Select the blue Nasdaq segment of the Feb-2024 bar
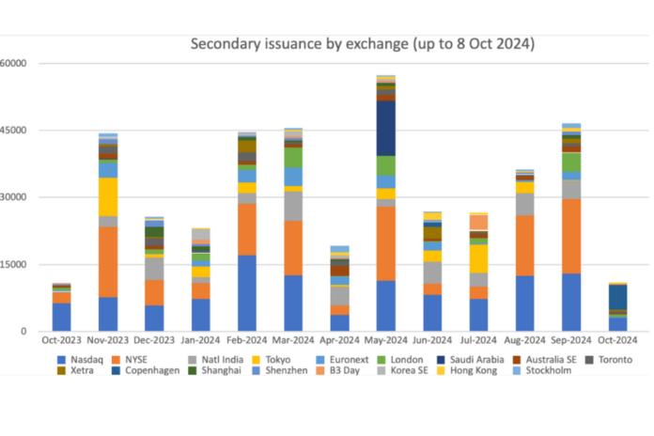tap(247, 293)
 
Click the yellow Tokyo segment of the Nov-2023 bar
tap(108, 196)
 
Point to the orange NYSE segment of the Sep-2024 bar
tap(570, 236)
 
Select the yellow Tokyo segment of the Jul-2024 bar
tap(478, 258)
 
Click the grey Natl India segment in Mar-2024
tap(293, 206)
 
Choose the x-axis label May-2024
tap(385, 340)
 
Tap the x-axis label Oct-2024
tap(616, 340)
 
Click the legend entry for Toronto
tap(614, 359)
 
